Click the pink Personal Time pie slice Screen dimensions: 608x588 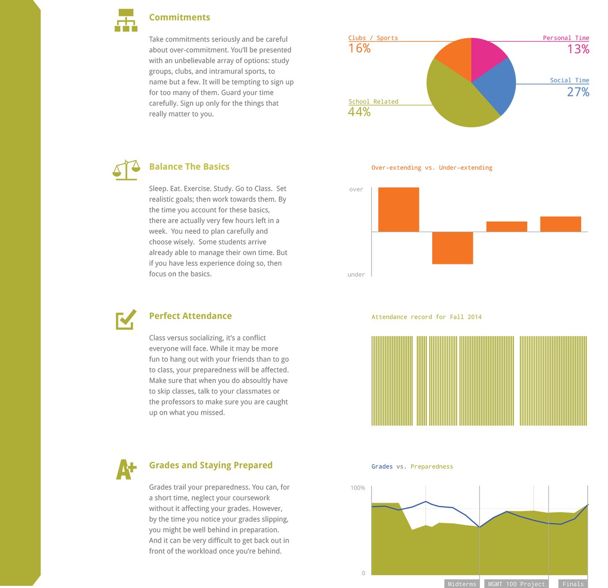coord(486,56)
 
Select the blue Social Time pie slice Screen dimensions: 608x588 coord(497,84)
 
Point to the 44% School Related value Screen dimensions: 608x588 coord(359,111)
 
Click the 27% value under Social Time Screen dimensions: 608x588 coord(578,92)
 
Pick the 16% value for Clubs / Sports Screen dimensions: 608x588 coord(359,48)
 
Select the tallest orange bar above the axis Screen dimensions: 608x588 coord(399,210)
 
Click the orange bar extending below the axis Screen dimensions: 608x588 coord(452,248)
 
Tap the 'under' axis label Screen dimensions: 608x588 coord(356,275)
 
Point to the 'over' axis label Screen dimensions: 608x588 coord(356,189)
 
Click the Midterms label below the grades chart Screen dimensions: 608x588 coord(462,584)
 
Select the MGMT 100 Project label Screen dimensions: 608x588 coord(516,584)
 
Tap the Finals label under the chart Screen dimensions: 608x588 coord(573,584)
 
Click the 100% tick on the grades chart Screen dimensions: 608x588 coord(357,488)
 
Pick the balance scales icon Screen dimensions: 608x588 coord(126,170)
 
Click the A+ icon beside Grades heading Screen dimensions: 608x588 coord(126,469)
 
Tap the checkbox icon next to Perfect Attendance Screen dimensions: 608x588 coord(126,319)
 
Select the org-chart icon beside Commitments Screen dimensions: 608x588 coord(126,20)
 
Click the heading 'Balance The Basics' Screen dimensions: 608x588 coord(189,167)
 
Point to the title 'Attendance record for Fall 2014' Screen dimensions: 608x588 coord(426,317)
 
